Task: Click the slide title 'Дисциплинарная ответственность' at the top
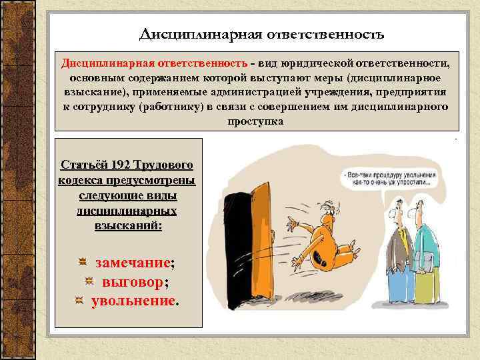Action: click(262, 33)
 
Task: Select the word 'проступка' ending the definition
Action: click(254, 121)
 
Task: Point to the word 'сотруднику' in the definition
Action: click(106, 107)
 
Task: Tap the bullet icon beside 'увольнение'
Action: click(79, 301)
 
